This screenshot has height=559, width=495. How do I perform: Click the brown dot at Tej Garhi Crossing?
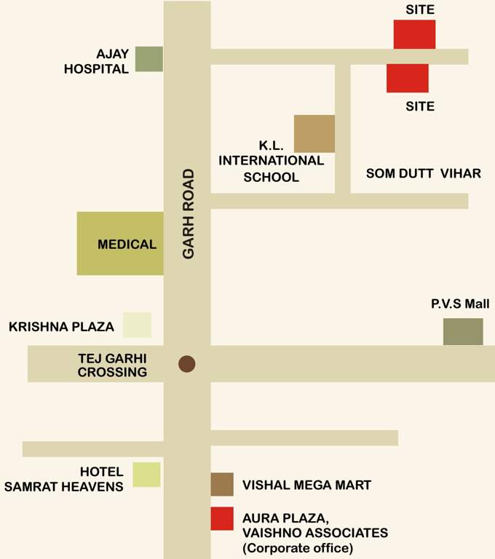tap(187, 364)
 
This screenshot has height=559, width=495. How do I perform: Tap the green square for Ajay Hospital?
tap(149, 59)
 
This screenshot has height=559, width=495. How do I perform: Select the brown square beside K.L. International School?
tap(314, 134)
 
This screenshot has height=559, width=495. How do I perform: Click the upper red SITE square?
tap(414, 34)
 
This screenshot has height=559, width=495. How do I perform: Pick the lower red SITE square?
tap(407, 78)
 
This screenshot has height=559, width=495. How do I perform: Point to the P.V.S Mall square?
tap(463, 332)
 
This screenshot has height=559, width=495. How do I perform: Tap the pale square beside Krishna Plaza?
tap(137, 325)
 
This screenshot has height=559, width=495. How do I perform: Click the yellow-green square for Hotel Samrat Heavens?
tap(146, 475)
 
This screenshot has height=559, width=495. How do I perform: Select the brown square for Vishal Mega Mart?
tap(222, 485)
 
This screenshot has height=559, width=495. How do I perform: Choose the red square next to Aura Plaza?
tap(222, 518)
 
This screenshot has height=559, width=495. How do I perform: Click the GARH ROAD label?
tap(189, 213)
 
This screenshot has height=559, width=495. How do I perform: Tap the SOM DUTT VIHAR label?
tap(423, 173)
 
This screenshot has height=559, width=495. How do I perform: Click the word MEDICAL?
tap(127, 245)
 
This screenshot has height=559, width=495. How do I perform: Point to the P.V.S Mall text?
tap(459, 304)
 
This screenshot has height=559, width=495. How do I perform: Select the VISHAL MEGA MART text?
tap(306, 485)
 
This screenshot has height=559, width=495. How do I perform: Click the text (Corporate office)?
tap(298, 547)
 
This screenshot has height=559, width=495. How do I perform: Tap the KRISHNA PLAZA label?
tap(61, 327)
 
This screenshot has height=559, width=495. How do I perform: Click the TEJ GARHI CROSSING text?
tap(112, 365)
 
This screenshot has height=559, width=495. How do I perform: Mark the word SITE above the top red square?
tap(420, 9)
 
